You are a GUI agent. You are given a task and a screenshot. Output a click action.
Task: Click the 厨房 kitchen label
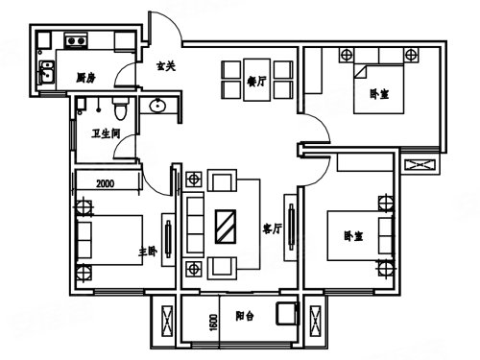click(85, 78)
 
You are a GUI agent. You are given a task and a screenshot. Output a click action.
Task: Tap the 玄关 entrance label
click(166, 66)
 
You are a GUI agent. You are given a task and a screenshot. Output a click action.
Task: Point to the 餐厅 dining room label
click(256, 82)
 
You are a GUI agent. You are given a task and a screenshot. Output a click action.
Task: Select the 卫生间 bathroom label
click(106, 133)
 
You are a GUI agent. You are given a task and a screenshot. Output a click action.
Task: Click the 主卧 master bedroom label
click(148, 252)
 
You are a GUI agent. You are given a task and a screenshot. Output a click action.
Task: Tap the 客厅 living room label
click(273, 228)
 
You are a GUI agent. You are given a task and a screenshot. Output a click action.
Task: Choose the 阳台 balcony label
click(245, 316)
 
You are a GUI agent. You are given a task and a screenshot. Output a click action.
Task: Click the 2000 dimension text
click(106, 183)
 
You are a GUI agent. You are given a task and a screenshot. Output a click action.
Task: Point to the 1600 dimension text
click(213, 323)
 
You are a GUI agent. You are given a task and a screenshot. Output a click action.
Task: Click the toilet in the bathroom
click(120, 108)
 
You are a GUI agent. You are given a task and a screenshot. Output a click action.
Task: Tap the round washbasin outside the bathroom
click(157, 106)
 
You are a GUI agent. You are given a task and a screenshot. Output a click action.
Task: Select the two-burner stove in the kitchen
click(76, 40)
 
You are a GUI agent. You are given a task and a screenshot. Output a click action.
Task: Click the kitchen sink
click(47, 73)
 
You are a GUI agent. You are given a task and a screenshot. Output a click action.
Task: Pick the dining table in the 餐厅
click(257, 80)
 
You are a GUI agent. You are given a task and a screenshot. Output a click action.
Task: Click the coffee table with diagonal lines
click(226, 227)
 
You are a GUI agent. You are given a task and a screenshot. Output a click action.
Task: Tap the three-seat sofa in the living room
click(195, 225)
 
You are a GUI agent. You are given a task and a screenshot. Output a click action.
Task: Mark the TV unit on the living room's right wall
click(291, 227)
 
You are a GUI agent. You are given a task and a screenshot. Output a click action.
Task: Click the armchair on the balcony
click(287, 313)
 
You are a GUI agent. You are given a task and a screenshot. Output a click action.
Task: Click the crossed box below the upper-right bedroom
click(420, 165)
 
